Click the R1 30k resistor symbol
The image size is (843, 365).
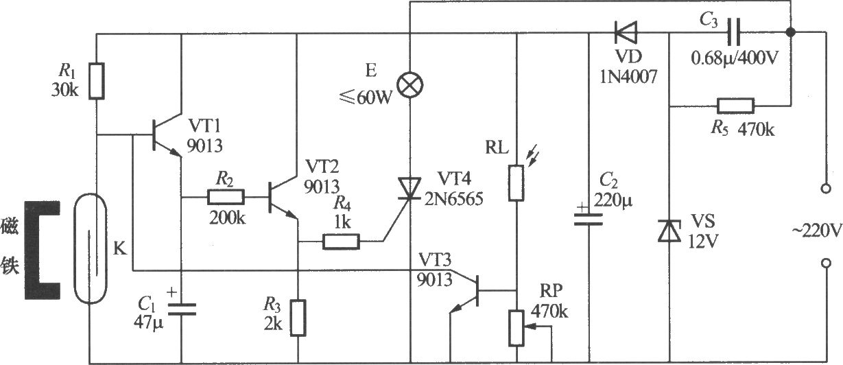click(96, 81)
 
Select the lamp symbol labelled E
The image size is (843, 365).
click(410, 85)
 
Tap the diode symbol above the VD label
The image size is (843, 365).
click(626, 32)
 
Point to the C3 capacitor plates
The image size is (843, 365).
click(733, 32)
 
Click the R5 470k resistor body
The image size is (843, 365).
click(736, 106)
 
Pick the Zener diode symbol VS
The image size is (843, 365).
click(669, 231)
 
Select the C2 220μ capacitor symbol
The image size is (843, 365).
click(589, 219)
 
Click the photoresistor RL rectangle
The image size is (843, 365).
click(516, 183)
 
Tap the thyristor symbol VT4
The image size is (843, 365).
click(409, 188)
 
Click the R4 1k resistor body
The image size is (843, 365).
click(341, 242)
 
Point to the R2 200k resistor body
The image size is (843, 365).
click(226, 197)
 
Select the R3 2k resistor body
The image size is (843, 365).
click(298, 318)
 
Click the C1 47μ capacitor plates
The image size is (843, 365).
click(182, 309)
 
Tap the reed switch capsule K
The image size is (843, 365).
click(90, 248)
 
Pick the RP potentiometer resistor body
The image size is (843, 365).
click(517, 328)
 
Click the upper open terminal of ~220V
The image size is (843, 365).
click(826, 188)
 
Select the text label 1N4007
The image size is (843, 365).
click(628, 77)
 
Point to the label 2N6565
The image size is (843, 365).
click(453, 198)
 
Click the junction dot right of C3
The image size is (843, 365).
click(791, 32)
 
